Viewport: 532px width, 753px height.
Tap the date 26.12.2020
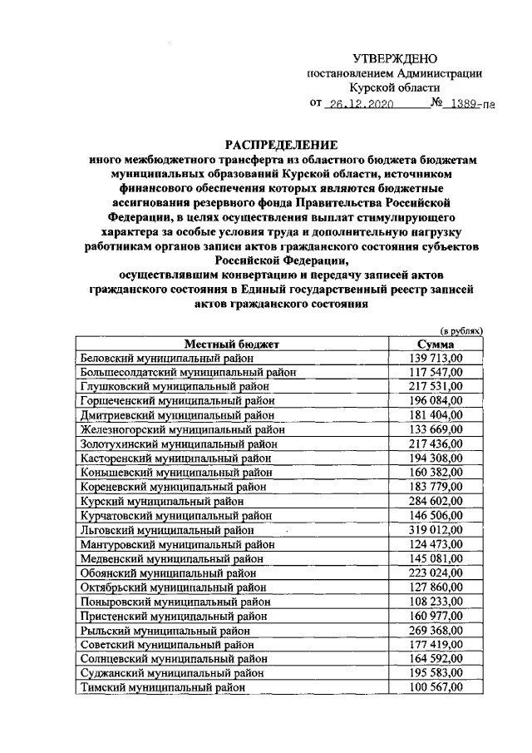[x=360, y=106]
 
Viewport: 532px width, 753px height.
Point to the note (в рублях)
[x=461, y=330]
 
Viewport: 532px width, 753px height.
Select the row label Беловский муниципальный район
[x=166, y=358]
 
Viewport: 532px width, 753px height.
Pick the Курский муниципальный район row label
[x=162, y=502]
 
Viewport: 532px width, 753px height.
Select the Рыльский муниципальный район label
[x=165, y=630]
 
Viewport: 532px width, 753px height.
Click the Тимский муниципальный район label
[x=163, y=687]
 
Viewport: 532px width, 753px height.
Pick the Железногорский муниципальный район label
[x=184, y=429]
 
